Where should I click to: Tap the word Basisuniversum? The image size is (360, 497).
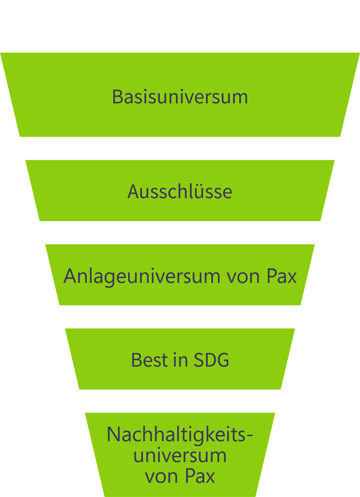(x=180, y=97)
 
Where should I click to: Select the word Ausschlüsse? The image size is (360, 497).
(x=180, y=192)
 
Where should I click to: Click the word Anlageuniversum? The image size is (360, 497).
(x=142, y=276)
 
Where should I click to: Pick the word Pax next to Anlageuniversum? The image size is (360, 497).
(x=282, y=276)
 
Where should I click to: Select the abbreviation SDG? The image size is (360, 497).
(x=211, y=360)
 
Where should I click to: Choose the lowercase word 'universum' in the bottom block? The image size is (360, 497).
(x=180, y=456)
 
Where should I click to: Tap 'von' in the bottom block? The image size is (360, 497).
(x=161, y=477)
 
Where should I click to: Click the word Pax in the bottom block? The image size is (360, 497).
(x=200, y=476)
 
